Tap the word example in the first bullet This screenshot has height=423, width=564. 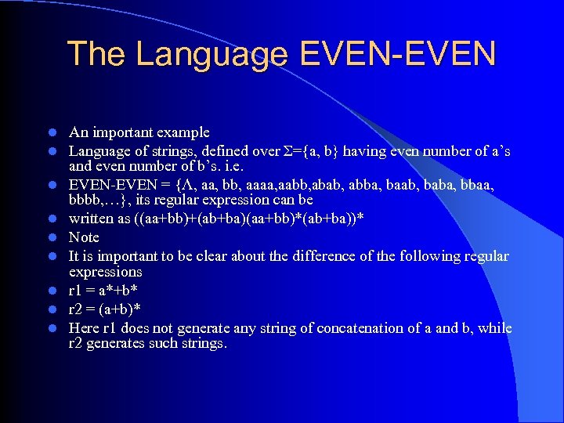(x=182, y=132)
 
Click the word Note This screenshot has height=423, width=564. (x=84, y=237)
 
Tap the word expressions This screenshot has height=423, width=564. (x=105, y=272)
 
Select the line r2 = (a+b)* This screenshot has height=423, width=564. (x=107, y=309)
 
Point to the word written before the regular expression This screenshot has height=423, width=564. (x=90, y=219)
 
